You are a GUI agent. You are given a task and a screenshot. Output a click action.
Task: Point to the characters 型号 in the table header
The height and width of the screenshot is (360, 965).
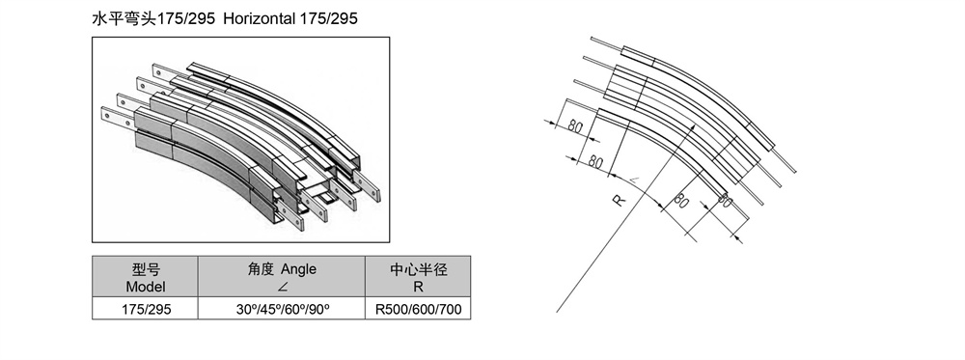[x=146, y=269]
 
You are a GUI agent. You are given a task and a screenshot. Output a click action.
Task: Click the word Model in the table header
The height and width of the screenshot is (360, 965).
[x=146, y=286]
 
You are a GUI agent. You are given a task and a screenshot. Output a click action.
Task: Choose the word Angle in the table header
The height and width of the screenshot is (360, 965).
[x=298, y=269]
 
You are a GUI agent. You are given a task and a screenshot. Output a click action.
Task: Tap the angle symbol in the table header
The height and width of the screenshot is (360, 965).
[x=281, y=287]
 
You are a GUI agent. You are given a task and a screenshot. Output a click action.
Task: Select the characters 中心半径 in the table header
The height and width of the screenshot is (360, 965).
[x=419, y=269]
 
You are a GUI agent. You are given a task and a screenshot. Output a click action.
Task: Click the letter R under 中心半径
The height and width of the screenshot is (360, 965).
[x=419, y=287]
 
